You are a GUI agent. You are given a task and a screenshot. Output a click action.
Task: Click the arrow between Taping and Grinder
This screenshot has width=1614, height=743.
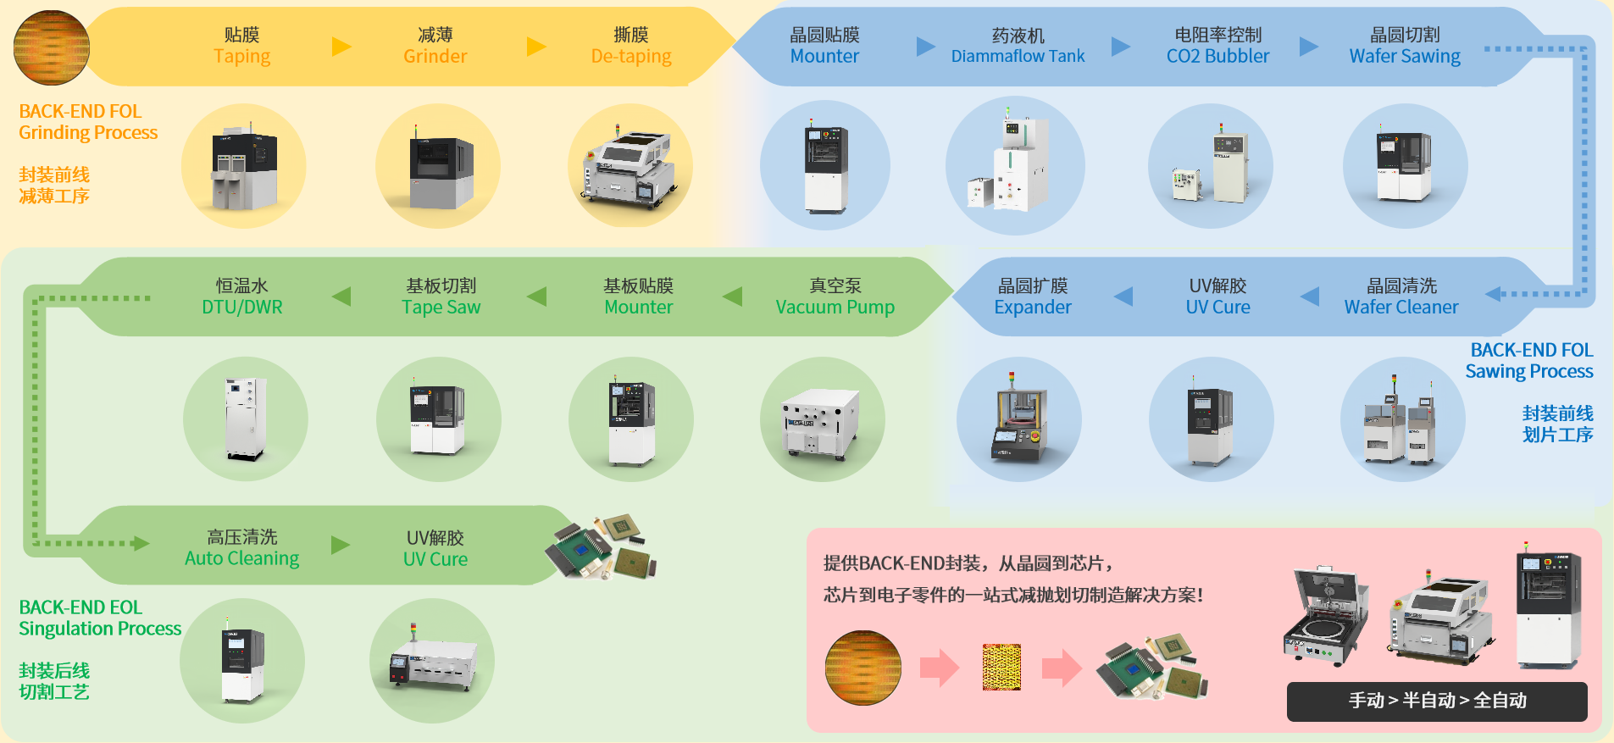[341, 46]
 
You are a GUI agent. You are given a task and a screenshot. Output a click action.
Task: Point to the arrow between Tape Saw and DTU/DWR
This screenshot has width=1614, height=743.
[341, 297]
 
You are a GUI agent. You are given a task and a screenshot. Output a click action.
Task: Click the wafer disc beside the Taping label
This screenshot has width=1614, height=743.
[52, 47]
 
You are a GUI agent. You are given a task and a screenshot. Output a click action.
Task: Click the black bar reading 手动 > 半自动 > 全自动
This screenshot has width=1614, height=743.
[1437, 701]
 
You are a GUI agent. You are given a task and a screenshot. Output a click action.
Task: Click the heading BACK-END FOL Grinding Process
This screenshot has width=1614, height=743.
[88, 122]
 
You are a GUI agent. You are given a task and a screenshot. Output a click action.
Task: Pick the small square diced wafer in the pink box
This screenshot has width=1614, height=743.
[1001, 667]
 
